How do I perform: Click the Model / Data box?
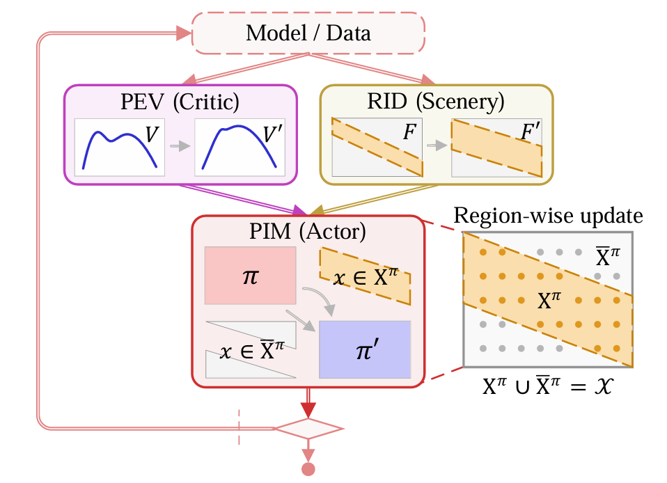(308, 33)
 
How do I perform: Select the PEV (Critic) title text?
(180, 102)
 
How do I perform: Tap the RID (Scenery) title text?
(436, 102)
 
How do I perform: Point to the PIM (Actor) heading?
(308, 232)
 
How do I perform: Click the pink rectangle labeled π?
(250, 275)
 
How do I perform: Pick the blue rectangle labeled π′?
(364, 349)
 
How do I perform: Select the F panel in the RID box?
(377, 147)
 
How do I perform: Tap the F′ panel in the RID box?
(496, 147)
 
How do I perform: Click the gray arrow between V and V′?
(180, 147)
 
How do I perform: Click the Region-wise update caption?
(548, 216)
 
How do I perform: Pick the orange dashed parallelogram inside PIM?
(365, 276)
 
